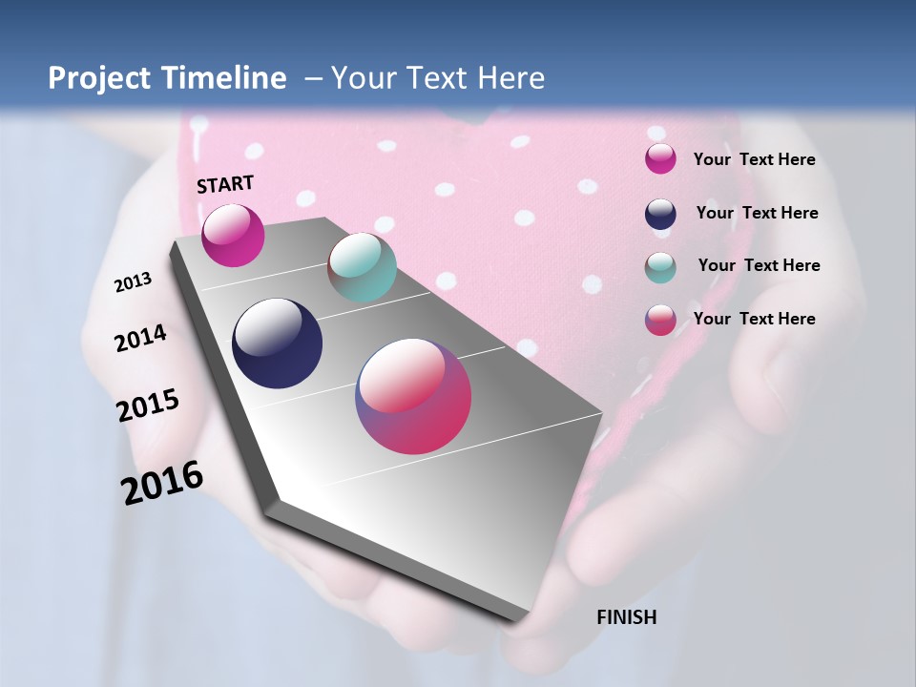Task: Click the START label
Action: click(x=225, y=184)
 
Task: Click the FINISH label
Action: click(x=626, y=617)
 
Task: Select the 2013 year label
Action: click(x=133, y=282)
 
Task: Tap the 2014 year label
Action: click(x=140, y=338)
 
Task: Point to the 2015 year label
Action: click(x=148, y=406)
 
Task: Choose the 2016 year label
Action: click(x=162, y=483)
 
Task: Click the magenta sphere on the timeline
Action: click(x=233, y=236)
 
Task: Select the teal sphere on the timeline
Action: click(x=362, y=267)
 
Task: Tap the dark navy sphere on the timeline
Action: click(x=277, y=343)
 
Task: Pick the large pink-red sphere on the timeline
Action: click(x=413, y=396)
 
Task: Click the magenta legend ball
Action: click(x=660, y=159)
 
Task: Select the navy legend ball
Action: click(x=660, y=214)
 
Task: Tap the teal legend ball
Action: click(x=660, y=267)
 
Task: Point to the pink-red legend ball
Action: click(x=660, y=320)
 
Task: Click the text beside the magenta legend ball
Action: click(x=754, y=160)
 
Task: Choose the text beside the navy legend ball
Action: click(x=757, y=213)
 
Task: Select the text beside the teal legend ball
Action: click(x=759, y=265)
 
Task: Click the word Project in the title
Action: click(x=98, y=78)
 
